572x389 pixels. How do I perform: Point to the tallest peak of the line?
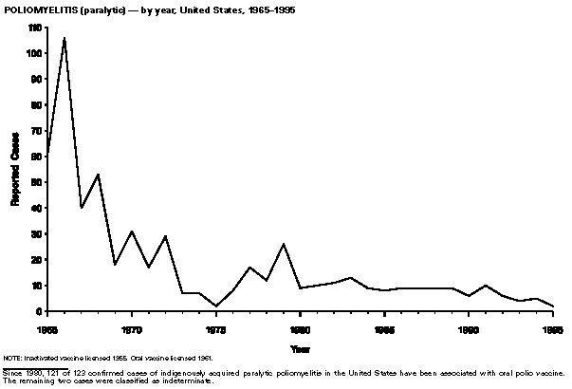tap(65, 39)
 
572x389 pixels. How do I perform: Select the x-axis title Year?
tap(301, 348)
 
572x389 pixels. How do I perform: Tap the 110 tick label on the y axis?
tap(35, 28)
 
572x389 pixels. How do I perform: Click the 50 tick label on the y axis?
tap(37, 182)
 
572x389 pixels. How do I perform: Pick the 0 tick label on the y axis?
tap(40, 311)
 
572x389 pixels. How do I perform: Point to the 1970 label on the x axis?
tap(132, 329)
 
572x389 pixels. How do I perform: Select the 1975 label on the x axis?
tap(216, 329)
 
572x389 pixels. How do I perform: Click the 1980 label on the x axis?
tap(300, 329)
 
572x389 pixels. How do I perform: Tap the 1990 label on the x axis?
tap(469, 329)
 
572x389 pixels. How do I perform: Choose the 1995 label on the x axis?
tap(553, 329)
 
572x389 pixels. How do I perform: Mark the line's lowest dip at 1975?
tap(216, 306)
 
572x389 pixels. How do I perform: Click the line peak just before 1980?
tap(284, 245)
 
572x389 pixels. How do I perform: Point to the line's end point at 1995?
tap(553, 306)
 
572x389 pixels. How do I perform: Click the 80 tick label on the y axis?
tap(37, 105)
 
